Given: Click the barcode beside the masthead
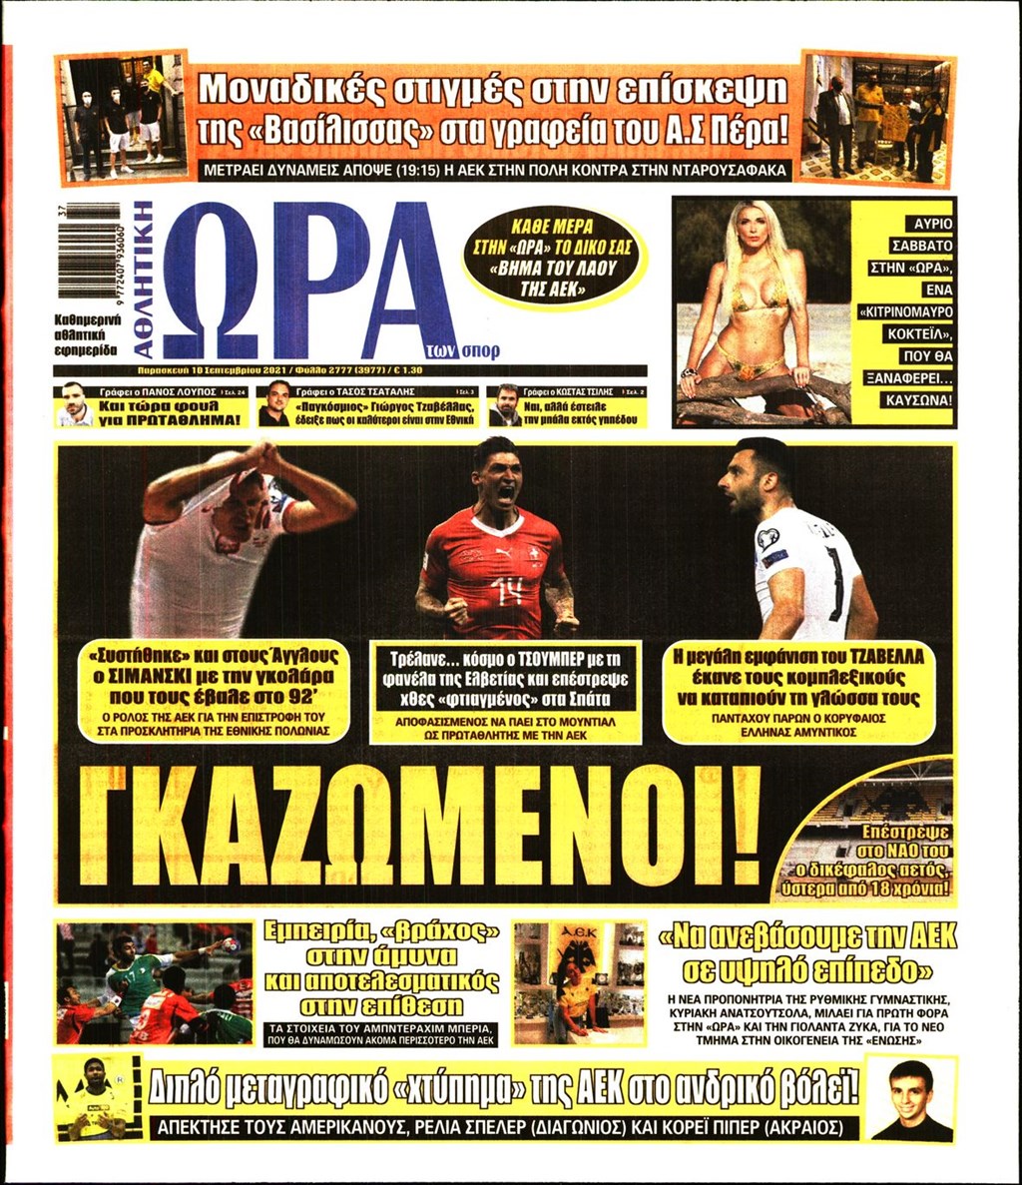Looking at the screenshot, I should pos(89,248).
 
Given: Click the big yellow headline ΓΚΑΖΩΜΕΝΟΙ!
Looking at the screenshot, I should pos(419,827).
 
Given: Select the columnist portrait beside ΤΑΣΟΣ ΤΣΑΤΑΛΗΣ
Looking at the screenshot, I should pos(275,403).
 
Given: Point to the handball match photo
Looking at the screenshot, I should pos(155,983).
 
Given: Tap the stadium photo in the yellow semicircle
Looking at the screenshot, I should pos(878,799).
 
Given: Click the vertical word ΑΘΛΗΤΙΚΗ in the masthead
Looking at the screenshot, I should pos(143,279).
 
